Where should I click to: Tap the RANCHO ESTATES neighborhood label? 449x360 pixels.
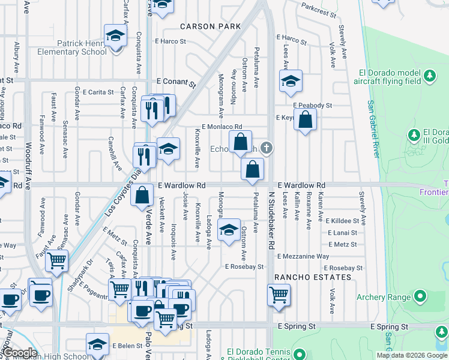tap(312, 277)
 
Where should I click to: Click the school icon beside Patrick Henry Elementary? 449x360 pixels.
tap(115, 35)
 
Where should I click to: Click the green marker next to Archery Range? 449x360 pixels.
tap(420, 296)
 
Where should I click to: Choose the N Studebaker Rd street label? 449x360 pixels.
tap(271, 221)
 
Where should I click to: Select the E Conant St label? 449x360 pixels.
tap(176, 81)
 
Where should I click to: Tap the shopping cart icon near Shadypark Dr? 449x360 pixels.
tap(56, 261)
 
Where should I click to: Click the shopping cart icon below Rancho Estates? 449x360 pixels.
tap(279, 295)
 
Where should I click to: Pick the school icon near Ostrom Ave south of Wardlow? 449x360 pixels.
tap(228, 230)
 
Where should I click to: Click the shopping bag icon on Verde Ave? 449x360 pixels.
tap(142, 194)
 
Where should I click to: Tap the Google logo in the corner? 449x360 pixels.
tap(20, 353)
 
